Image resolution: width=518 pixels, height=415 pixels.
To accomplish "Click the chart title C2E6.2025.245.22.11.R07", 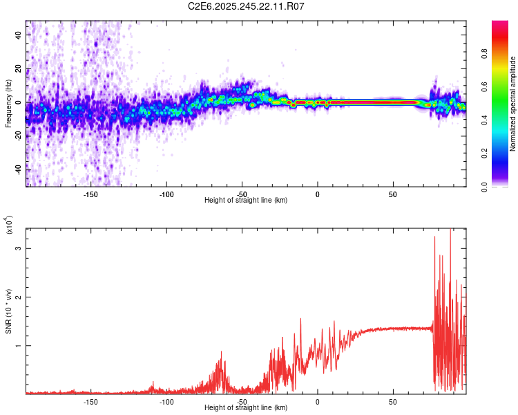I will [x=247, y=6].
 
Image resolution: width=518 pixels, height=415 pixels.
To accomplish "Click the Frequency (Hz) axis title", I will [x=8, y=104].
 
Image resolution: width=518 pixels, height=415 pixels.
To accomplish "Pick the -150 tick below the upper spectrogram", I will [x=90, y=194].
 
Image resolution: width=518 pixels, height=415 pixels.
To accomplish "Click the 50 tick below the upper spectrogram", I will [x=392, y=194].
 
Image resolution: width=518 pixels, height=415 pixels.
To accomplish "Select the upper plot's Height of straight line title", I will [x=247, y=201].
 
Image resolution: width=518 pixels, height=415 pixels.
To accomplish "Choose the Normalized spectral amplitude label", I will [x=513, y=104].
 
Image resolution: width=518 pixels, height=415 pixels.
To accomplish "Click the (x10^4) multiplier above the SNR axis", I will [x=9, y=225].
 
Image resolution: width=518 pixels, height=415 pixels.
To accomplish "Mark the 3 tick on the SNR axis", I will [x=19, y=248].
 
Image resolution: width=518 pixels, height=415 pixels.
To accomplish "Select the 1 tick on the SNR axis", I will [x=19, y=345].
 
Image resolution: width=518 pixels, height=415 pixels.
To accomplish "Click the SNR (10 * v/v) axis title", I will [x=8, y=311].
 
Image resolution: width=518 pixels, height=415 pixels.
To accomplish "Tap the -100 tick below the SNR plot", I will [x=166, y=402].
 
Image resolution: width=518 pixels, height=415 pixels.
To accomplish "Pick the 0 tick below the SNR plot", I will [x=318, y=402].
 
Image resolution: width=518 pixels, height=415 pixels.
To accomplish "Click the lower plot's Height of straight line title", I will [x=247, y=408].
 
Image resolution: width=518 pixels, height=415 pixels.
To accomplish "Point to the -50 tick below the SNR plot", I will [x=242, y=402].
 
